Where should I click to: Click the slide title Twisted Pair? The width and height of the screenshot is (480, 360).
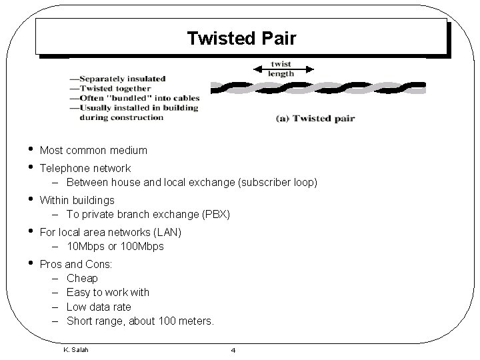pos(241,39)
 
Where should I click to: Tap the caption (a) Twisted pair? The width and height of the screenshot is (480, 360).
pos(315,119)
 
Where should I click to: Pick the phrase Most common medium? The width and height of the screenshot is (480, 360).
pos(93,151)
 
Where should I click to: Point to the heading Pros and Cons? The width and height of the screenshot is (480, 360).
pos(76,264)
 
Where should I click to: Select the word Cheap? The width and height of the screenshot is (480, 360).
pos(82,278)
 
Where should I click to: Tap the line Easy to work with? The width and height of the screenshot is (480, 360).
pos(108,292)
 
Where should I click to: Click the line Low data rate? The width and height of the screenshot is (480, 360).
pos(99,307)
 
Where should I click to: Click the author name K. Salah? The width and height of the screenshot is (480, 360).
pos(75,349)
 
